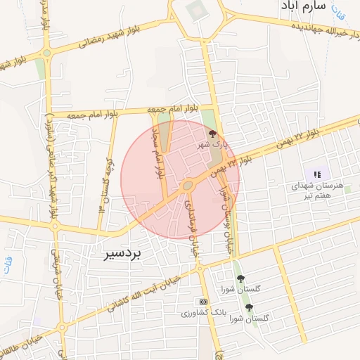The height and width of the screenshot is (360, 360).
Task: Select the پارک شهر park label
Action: click(x=214, y=143)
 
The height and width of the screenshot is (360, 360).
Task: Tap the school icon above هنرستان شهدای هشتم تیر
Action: click(x=317, y=174)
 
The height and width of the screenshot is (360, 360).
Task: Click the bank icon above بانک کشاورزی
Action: click(x=203, y=301)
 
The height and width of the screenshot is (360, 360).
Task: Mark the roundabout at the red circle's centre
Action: click(x=187, y=186)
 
